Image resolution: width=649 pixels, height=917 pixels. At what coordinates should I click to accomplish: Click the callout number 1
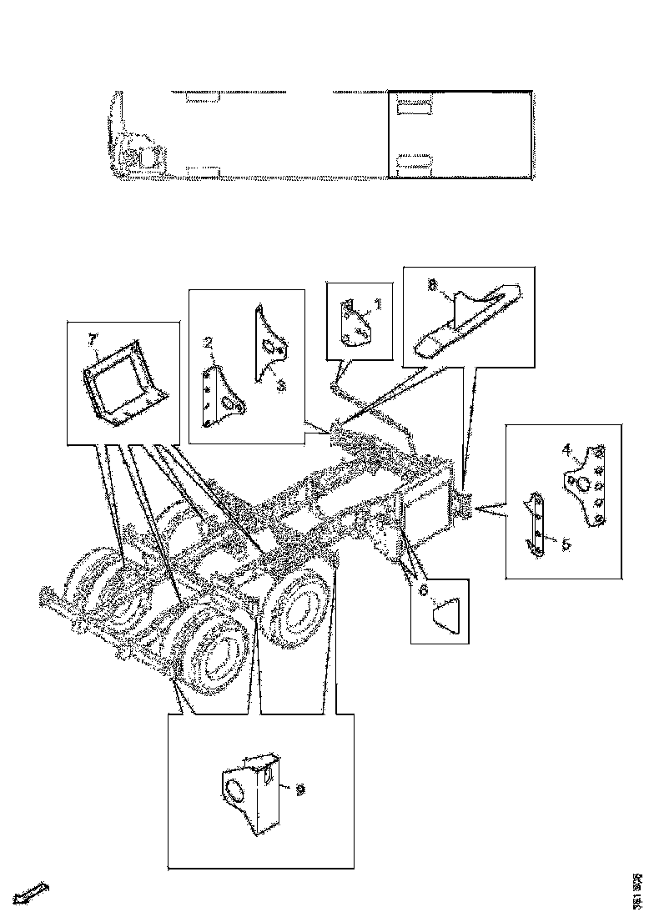point(377,306)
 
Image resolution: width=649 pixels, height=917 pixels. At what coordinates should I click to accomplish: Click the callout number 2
point(208,343)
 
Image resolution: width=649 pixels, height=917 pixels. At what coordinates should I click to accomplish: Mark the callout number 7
point(93,339)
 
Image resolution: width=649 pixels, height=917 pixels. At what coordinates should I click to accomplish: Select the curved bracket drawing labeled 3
point(272,346)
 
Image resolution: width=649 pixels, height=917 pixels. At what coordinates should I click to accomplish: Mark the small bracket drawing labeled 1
point(357,322)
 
